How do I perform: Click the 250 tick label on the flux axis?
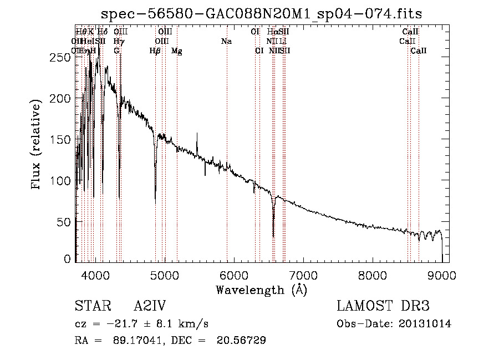(x=60, y=57)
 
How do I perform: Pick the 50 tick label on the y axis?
(x=63, y=221)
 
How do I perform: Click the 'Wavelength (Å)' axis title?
(x=261, y=290)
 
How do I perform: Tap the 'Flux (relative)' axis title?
(x=38, y=145)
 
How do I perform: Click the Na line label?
(x=226, y=42)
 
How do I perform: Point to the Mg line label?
(x=176, y=51)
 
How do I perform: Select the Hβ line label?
(x=155, y=51)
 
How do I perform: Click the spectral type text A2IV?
(x=150, y=307)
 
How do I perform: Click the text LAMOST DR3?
(x=383, y=307)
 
